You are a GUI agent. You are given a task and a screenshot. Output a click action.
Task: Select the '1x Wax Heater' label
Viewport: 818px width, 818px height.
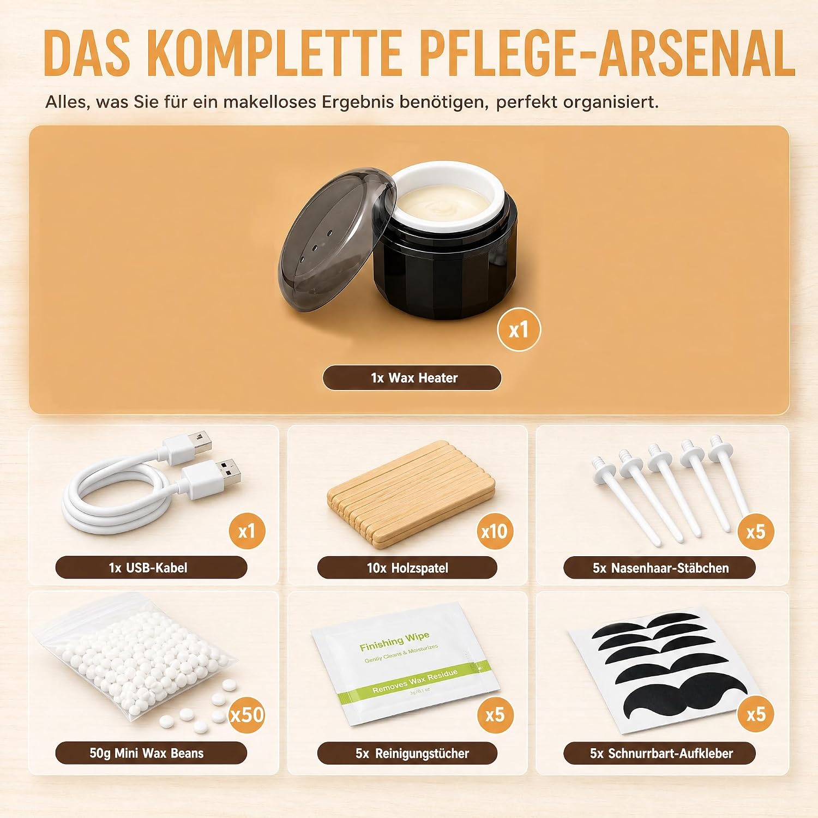412,378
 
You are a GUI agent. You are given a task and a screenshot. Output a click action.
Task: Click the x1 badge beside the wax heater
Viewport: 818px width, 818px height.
519,329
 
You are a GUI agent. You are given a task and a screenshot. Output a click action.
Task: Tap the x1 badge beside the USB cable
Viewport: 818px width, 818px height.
247,531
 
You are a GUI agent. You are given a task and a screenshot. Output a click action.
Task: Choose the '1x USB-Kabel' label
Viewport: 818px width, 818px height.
151,568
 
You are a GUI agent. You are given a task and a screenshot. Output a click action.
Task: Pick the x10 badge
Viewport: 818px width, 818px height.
495,531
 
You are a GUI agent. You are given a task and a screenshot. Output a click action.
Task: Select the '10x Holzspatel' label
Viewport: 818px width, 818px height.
407,568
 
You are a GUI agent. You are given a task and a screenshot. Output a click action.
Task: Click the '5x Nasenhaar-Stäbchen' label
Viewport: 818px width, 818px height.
660,568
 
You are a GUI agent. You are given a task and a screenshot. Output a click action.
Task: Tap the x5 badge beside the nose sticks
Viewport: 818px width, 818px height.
756,531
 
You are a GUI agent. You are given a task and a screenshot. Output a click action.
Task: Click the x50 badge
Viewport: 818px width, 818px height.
247,714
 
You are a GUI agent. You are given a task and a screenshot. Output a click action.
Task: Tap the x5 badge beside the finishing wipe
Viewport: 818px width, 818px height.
495,715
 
